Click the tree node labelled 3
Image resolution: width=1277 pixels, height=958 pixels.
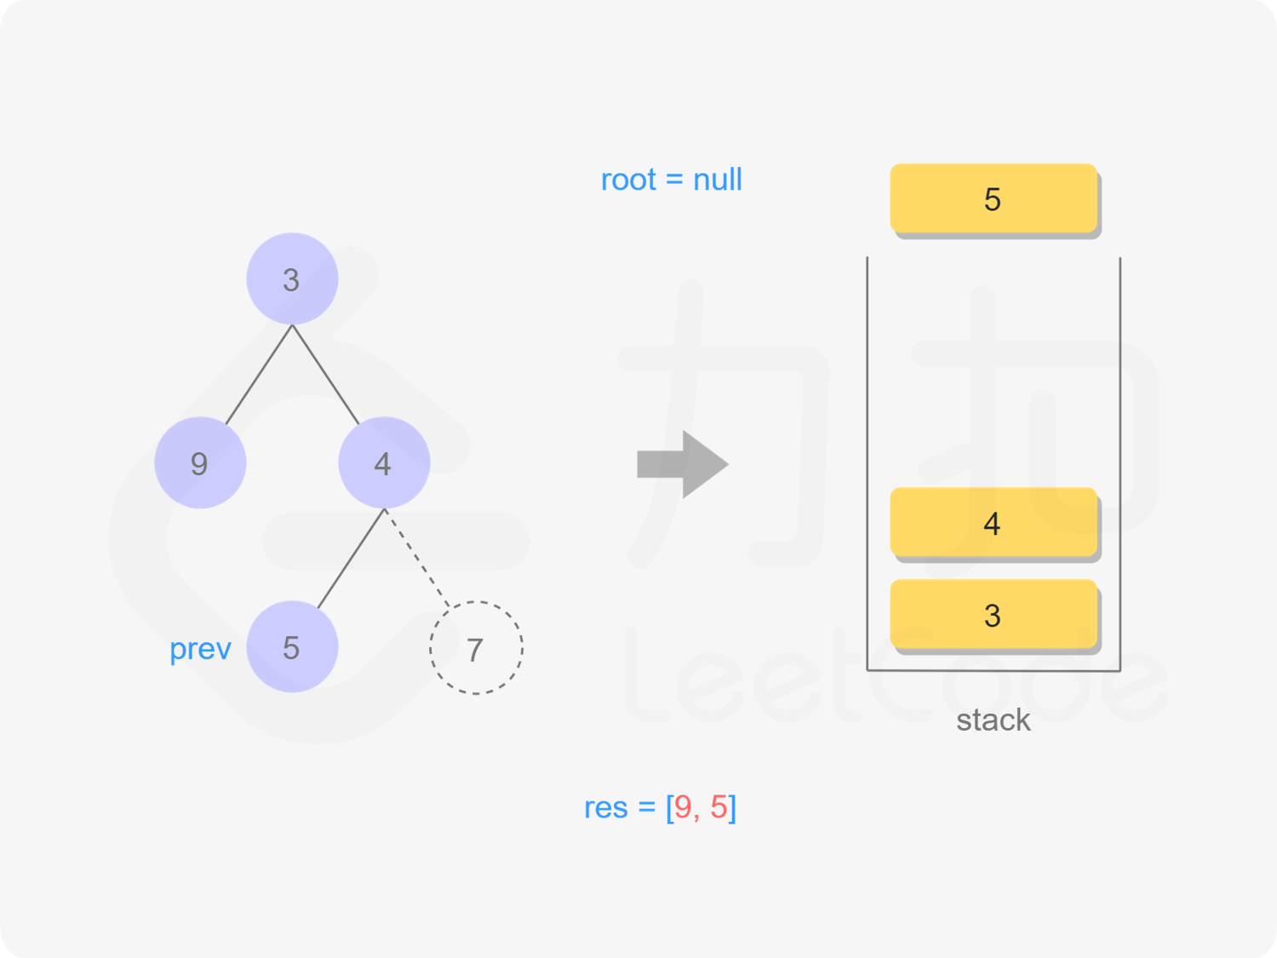tap(292, 278)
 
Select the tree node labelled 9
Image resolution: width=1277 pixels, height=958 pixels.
tap(200, 462)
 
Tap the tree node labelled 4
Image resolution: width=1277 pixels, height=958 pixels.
tap(384, 462)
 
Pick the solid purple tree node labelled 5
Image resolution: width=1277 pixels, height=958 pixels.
tap(292, 647)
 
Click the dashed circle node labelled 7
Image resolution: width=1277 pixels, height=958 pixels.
tap(476, 648)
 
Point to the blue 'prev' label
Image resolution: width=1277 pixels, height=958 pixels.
tap(200, 649)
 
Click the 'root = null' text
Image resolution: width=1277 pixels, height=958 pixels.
tap(671, 180)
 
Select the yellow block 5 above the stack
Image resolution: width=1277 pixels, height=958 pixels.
tap(993, 198)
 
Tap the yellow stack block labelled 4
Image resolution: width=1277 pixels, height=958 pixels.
tap(993, 522)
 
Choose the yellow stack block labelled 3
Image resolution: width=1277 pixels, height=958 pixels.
tap(993, 615)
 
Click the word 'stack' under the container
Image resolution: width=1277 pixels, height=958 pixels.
tap(993, 720)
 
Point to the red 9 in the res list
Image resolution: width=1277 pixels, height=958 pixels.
tap(683, 807)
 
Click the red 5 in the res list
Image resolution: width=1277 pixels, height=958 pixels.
tap(719, 807)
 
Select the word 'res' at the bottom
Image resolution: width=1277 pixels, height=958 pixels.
tap(605, 807)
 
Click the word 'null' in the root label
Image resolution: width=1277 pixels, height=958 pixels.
tap(717, 180)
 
